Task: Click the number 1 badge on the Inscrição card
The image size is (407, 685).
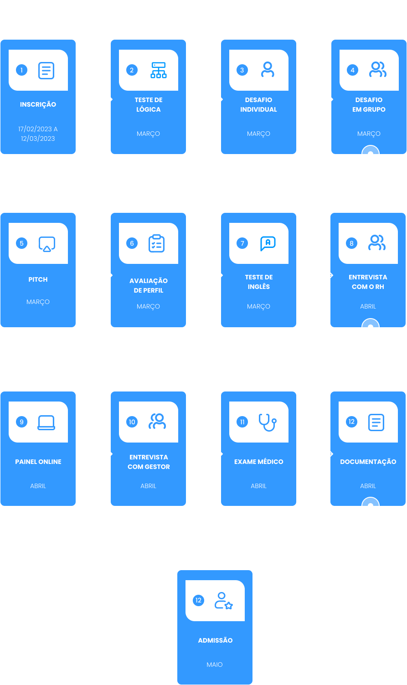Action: (x=22, y=70)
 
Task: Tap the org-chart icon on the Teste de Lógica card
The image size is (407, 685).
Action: (x=159, y=70)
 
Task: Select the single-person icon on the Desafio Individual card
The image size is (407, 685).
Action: (x=268, y=69)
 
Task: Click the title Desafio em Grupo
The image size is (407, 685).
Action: (x=369, y=104)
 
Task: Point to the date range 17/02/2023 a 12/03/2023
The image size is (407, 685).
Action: (x=38, y=134)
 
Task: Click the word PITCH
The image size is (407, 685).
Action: (x=38, y=279)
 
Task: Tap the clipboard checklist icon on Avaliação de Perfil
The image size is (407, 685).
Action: (x=157, y=243)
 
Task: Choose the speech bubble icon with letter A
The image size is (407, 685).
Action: (x=268, y=243)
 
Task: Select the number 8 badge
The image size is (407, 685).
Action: (x=352, y=243)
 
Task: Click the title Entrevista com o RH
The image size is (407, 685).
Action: (x=368, y=282)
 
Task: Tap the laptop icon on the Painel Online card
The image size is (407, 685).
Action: (x=46, y=422)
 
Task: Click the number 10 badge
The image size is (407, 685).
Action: (x=132, y=422)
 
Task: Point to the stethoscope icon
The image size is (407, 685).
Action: (x=268, y=422)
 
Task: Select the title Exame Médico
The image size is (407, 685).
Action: (x=259, y=462)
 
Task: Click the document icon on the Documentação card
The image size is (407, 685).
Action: (x=376, y=422)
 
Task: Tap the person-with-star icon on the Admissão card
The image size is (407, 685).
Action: (x=224, y=601)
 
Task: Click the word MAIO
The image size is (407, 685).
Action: (x=215, y=664)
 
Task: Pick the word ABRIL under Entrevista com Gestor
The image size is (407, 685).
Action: (x=148, y=486)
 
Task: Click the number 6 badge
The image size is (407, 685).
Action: (x=132, y=243)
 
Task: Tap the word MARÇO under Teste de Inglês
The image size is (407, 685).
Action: (x=259, y=306)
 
